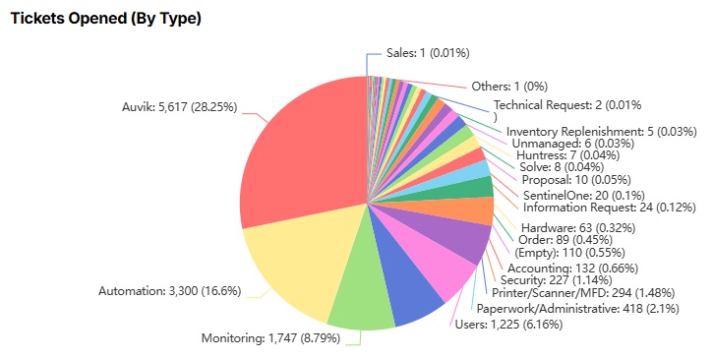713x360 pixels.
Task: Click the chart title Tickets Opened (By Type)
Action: click(105, 19)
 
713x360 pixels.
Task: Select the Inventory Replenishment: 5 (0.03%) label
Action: click(601, 132)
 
